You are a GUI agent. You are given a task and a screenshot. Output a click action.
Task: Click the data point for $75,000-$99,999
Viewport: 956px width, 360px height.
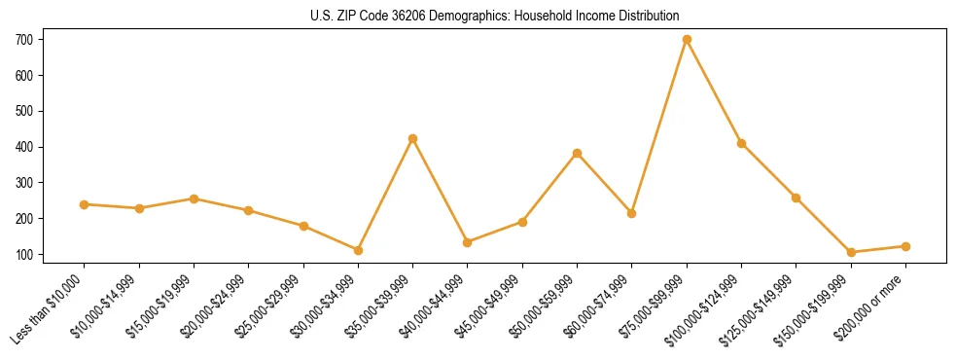(687, 40)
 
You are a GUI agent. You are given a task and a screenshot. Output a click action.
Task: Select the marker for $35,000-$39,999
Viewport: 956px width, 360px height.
(412, 138)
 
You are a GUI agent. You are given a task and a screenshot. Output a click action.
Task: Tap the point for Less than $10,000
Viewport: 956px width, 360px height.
(84, 204)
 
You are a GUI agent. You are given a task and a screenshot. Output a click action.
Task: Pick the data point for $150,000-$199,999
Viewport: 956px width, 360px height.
(851, 252)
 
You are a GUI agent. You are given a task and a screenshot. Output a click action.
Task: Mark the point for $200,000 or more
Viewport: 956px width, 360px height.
(905, 246)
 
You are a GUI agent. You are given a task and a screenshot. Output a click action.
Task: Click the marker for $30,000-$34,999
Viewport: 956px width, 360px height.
(358, 250)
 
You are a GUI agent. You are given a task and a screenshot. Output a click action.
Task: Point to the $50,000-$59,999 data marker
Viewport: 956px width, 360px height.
(577, 153)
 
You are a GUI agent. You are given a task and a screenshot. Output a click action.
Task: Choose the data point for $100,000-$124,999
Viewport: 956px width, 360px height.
(741, 143)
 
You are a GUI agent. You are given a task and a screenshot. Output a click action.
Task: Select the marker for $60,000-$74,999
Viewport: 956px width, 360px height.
(631, 213)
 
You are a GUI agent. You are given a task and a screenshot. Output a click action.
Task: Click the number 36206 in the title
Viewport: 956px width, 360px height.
(397, 17)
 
